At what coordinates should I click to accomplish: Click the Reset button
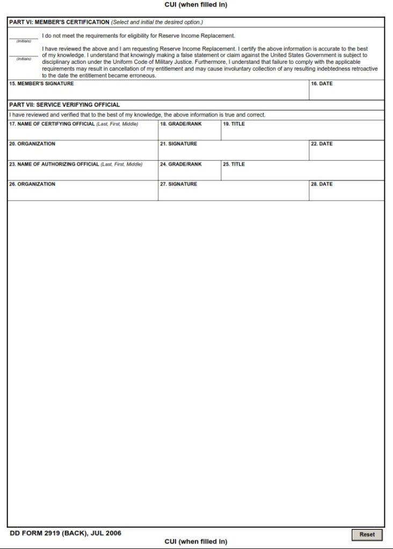[367, 535]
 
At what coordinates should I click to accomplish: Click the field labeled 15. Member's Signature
[158, 92]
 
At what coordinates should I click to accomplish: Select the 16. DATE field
[346, 92]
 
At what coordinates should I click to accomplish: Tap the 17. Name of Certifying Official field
[83, 132]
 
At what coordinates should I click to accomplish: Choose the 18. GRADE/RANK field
[189, 132]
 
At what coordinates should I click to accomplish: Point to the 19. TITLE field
[302, 132]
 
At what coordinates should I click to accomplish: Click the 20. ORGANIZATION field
[83, 152]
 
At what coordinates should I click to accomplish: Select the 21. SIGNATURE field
[233, 152]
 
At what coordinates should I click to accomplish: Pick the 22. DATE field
[346, 152]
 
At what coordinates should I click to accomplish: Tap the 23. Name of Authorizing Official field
[83, 173]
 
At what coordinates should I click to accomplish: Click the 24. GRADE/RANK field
[189, 173]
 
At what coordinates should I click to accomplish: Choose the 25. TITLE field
[302, 173]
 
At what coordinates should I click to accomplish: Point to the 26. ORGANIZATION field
[83, 193]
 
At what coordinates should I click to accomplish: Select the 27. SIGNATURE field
[233, 193]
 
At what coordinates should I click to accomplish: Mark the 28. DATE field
[346, 193]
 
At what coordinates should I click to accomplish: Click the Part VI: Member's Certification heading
[59, 23]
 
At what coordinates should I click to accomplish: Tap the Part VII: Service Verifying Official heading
[64, 105]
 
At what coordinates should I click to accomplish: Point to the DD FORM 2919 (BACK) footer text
[65, 533]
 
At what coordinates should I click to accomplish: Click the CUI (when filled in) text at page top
[196, 5]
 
